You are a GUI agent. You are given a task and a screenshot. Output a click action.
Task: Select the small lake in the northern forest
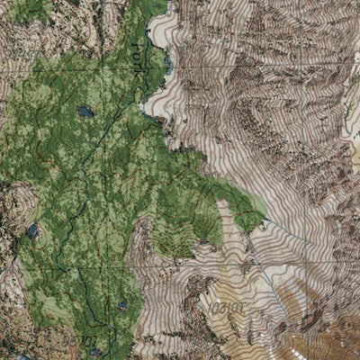(85, 112)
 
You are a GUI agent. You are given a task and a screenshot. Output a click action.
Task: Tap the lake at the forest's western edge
(33, 231)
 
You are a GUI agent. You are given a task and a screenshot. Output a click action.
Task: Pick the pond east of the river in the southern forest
(122, 306)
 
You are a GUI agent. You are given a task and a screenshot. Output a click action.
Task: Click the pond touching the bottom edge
(95, 353)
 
